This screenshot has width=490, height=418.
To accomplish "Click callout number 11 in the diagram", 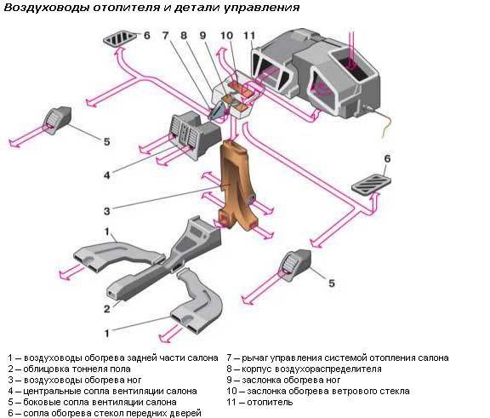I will click(248, 35).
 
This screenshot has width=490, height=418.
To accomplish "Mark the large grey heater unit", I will click(314, 72).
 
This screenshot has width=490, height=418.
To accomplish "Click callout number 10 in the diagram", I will click(226, 35).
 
